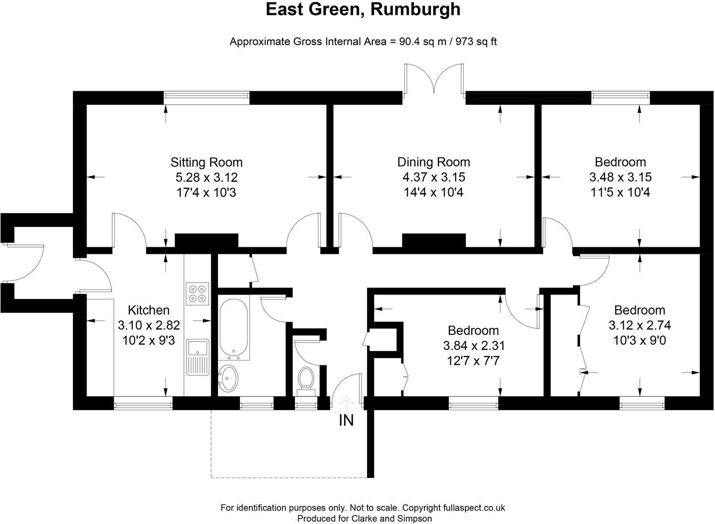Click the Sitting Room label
click(x=206, y=162)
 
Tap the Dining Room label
click(x=433, y=162)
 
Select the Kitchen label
click(x=149, y=310)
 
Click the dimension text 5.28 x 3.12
click(x=206, y=177)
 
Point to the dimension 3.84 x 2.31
click(x=473, y=345)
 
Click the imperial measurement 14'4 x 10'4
click(x=433, y=193)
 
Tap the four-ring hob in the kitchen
click(x=197, y=294)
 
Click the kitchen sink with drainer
click(x=197, y=357)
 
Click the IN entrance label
click(x=346, y=421)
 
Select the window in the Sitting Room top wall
click(x=206, y=98)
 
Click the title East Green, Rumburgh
click(x=363, y=10)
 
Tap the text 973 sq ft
click(x=476, y=42)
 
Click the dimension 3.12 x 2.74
click(x=639, y=326)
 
